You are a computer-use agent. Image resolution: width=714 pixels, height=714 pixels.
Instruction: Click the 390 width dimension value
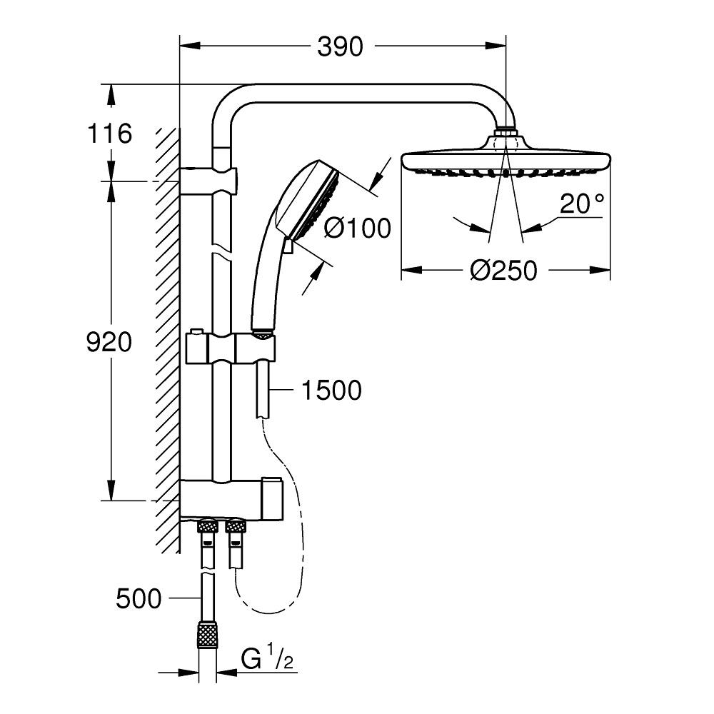pos(341,47)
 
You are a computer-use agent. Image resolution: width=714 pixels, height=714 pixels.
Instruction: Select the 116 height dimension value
pos(109,134)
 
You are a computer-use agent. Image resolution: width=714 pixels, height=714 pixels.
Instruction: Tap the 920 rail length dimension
pos(109,343)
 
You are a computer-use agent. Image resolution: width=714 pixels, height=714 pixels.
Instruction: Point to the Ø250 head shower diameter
pos(504,271)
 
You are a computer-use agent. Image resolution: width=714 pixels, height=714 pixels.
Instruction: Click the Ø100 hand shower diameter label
pos(357,228)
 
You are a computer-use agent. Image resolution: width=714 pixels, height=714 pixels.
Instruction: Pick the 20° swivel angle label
pos(581,205)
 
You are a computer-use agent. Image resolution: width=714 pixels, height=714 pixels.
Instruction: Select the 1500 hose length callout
pos(331,391)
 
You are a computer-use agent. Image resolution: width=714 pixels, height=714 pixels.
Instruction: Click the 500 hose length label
pos(139,598)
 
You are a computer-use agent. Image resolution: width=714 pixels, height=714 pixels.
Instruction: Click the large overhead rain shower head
pos(506,161)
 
